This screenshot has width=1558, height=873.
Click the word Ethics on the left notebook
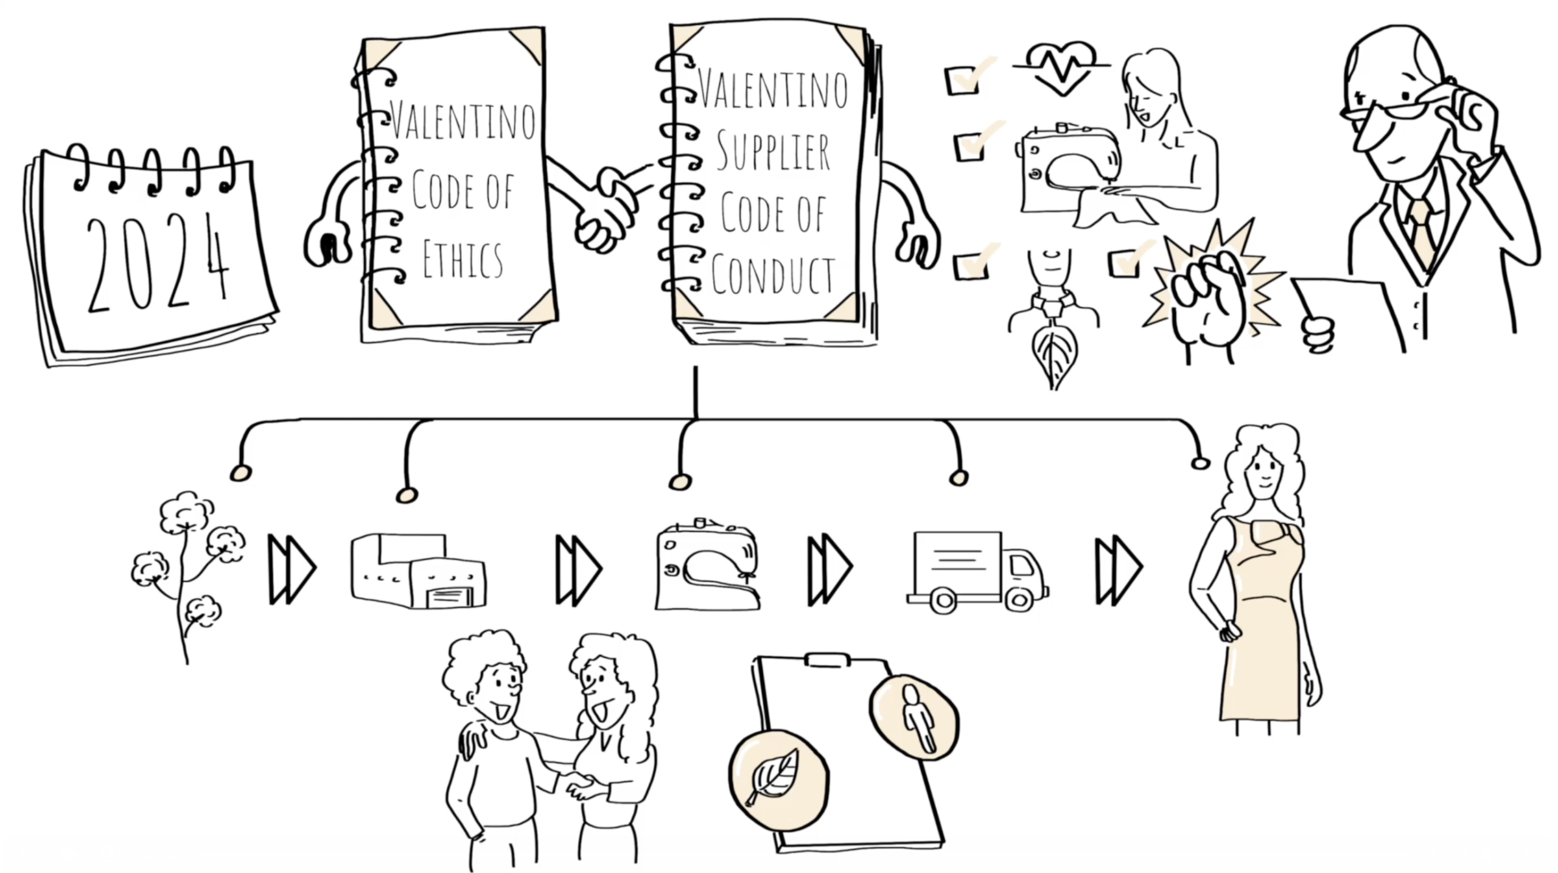point(463,260)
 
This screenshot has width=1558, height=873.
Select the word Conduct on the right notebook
point(773,276)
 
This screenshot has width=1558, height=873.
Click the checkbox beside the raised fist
point(1123,263)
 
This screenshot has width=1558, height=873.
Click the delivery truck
point(977,572)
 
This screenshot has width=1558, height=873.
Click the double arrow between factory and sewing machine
point(578,570)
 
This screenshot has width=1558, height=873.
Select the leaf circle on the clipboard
point(778,779)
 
